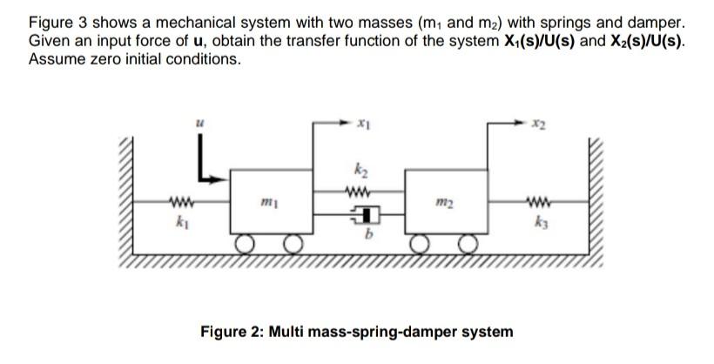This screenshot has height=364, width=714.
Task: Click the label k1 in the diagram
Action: coord(181,223)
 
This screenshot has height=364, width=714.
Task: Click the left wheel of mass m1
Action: coord(246,244)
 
